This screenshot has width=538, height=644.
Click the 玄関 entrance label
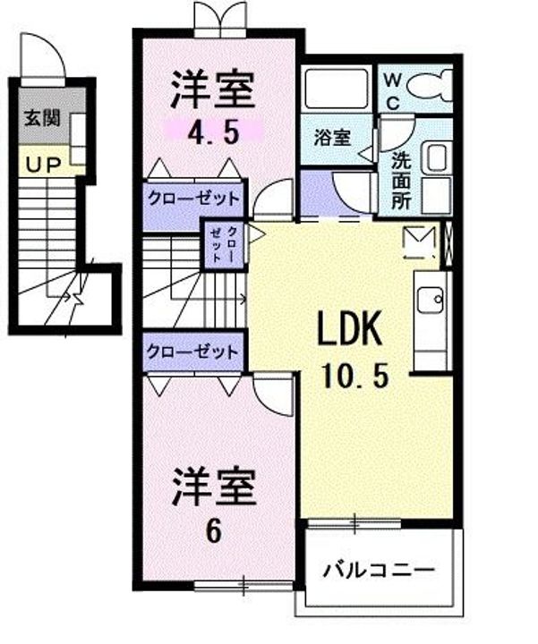(x=42, y=118)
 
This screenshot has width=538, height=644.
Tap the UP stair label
(x=44, y=165)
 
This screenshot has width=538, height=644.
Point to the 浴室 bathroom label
(x=332, y=138)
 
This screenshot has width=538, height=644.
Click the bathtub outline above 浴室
(x=337, y=89)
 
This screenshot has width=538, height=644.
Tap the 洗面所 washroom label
(x=401, y=181)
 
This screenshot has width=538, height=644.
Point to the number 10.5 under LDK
(x=355, y=376)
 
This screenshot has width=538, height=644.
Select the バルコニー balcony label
(x=378, y=571)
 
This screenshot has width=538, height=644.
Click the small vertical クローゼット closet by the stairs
(x=224, y=244)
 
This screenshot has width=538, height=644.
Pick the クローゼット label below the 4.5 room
(x=193, y=199)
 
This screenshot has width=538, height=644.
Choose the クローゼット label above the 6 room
(x=192, y=352)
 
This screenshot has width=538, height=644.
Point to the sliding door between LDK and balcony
(x=354, y=523)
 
